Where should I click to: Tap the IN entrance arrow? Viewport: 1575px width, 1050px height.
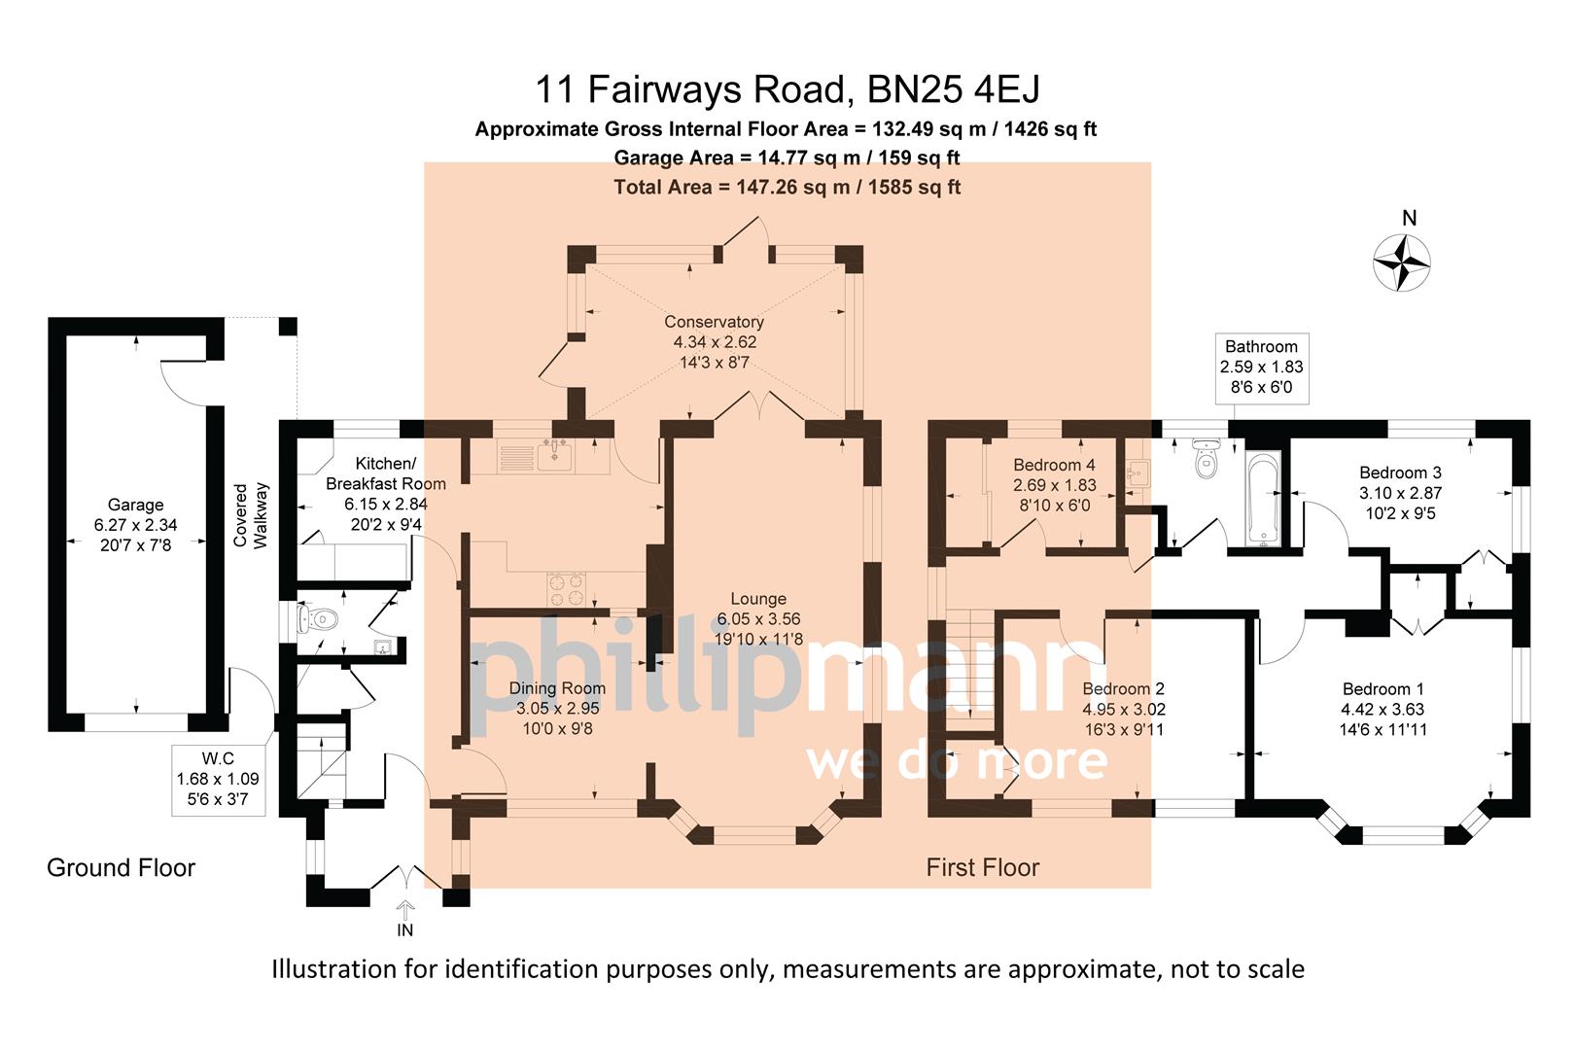[405, 912]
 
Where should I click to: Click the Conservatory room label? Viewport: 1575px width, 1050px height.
[714, 322]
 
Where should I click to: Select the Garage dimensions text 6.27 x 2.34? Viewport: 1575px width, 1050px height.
[135, 525]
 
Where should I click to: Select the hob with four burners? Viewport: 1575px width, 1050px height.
[567, 589]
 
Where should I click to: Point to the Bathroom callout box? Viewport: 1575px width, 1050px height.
[1261, 367]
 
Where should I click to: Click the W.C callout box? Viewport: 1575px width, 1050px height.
[218, 779]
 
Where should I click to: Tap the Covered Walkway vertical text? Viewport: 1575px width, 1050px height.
[250, 515]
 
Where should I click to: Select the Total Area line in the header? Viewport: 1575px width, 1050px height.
[787, 187]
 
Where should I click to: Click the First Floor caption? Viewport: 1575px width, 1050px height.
[982, 867]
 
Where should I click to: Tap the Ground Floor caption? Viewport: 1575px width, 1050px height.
[121, 867]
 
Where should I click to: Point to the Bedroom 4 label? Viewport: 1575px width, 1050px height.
[1054, 465]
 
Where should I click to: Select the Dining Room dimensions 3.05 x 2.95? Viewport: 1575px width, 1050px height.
[557, 709]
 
